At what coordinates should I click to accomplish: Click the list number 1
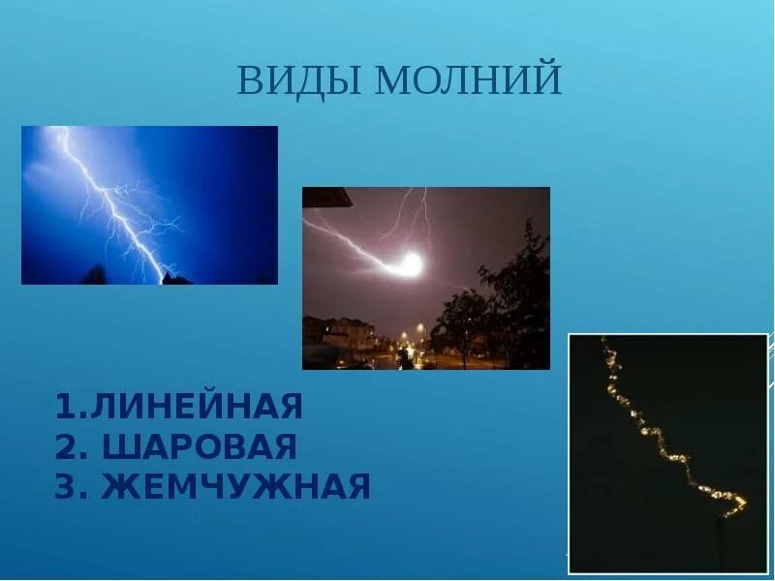64,407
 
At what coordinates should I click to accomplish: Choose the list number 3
66,486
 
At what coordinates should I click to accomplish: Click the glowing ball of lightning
411,263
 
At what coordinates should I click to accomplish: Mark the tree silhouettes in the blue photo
97,275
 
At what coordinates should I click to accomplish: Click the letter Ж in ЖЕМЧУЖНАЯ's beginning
117,486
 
